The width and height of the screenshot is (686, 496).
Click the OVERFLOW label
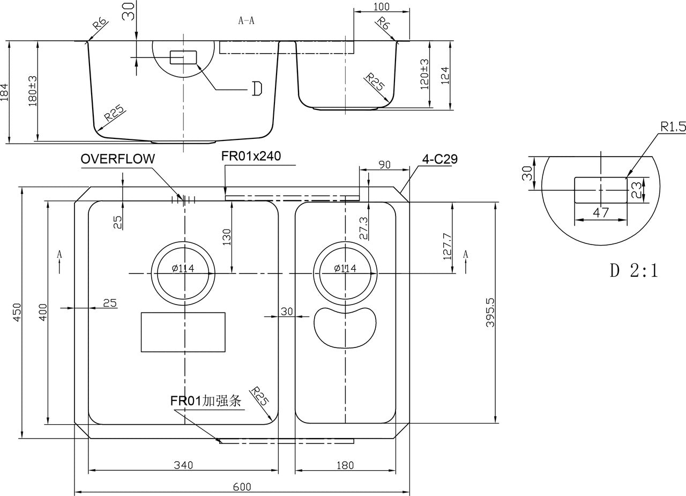[x=117, y=159]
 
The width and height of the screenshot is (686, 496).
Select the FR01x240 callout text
[x=251, y=156]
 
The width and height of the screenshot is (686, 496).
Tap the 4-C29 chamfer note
[x=440, y=159]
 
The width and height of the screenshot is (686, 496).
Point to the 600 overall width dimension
[x=242, y=487]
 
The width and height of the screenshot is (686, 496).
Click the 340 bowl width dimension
[x=183, y=465]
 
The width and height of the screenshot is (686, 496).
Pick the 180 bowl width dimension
[x=345, y=465]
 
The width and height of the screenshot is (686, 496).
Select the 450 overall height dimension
[x=17, y=312]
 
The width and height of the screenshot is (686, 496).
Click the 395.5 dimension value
[x=490, y=313]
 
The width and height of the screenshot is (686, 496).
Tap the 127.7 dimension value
[x=447, y=246]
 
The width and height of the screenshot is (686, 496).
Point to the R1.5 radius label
[x=673, y=127]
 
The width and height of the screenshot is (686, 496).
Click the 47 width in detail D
[x=601, y=212]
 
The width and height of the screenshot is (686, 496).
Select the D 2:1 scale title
[x=633, y=270]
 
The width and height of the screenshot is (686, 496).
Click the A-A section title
[x=246, y=20]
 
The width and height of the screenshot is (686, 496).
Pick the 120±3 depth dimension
[x=424, y=74]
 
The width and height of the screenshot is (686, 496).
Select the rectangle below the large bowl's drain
[x=183, y=332]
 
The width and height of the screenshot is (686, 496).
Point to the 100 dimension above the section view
[x=381, y=6]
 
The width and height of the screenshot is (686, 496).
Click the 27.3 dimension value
[x=363, y=228]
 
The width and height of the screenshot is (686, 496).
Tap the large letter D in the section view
[x=257, y=89]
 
